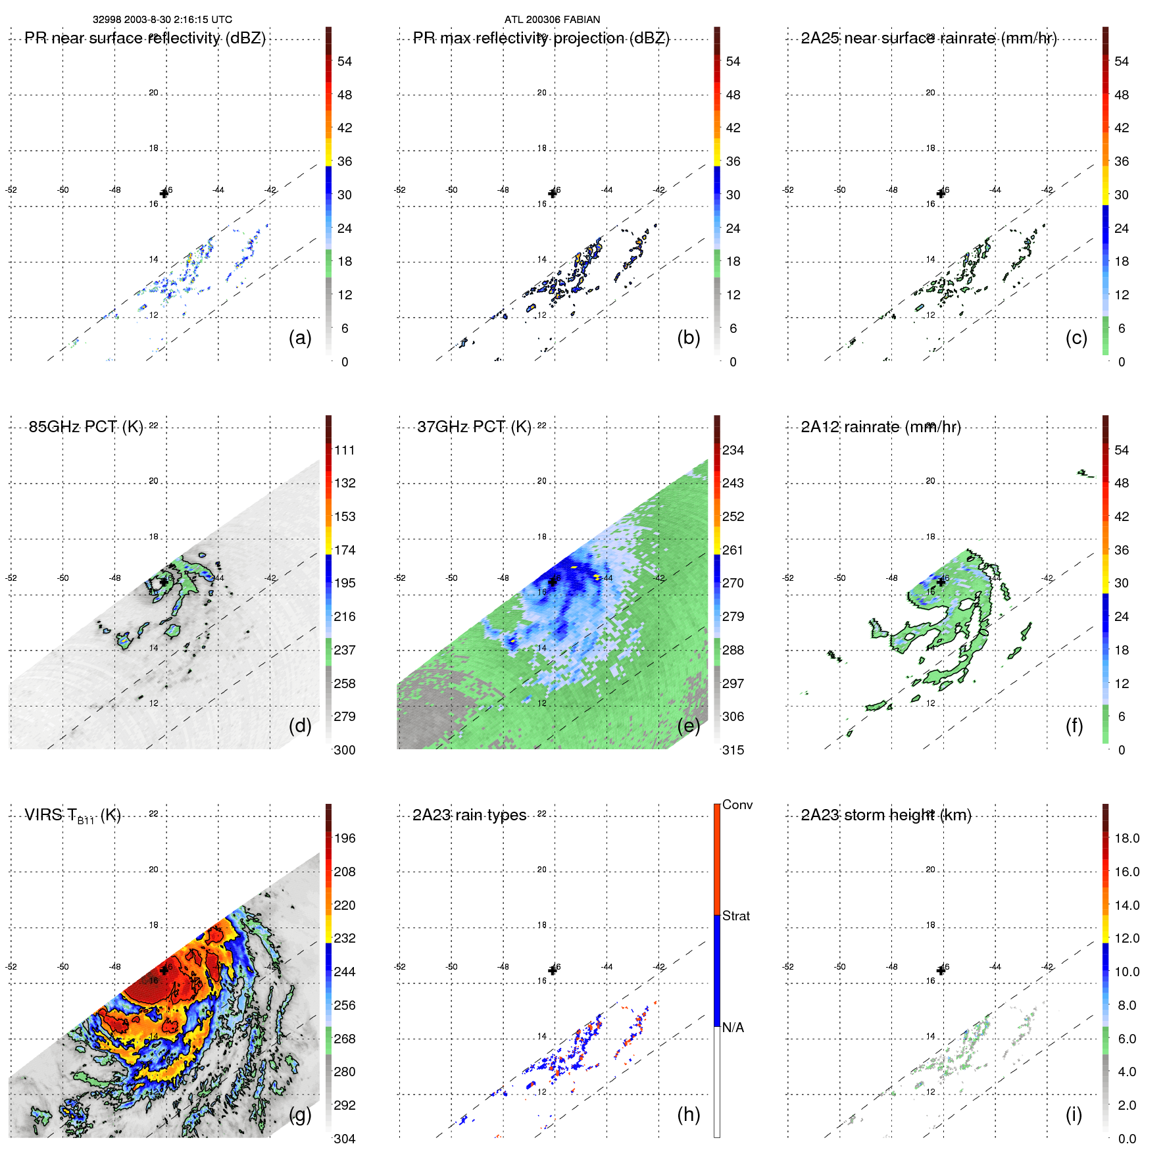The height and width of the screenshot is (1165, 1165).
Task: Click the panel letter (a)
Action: (x=300, y=338)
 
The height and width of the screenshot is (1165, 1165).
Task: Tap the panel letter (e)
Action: (x=688, y=726)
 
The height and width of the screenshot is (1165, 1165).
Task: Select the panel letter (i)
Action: (x=1074, y=1114)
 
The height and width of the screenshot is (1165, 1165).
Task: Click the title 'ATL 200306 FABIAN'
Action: (x=552, y=20)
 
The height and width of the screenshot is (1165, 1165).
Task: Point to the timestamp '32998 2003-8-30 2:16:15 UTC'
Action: (x=162, y=20)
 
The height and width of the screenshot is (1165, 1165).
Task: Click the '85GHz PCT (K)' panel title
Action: (x=86, y=427)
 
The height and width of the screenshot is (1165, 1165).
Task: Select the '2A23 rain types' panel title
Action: (x=469, y=815)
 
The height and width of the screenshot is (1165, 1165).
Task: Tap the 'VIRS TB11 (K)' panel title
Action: (x=72, y=816)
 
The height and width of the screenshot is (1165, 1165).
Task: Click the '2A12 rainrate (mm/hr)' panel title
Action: (x=881, y=427)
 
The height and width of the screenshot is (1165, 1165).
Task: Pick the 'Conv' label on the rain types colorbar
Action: (x=737, y=805)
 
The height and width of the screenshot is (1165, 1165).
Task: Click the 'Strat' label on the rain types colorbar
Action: (x=736, y=916)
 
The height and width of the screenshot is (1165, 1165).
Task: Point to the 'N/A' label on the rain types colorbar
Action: (x=733, y=1028)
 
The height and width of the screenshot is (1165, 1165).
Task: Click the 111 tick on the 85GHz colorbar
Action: (x=345, y=451)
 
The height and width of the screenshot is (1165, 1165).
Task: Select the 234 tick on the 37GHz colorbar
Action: (x=733, y=451)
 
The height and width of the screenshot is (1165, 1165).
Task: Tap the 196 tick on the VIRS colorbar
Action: (x=345, y=839)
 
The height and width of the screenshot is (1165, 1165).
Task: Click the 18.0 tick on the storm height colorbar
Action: (x=1127, y=839)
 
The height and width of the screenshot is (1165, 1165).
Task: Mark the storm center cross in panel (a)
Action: (x=164, y=193)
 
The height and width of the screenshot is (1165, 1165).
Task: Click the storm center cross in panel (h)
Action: (x=553, y=970)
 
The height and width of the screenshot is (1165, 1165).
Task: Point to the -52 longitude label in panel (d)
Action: (x=11, y=578)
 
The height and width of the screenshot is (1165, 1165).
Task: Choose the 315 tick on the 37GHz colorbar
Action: (x=733, y=750)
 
